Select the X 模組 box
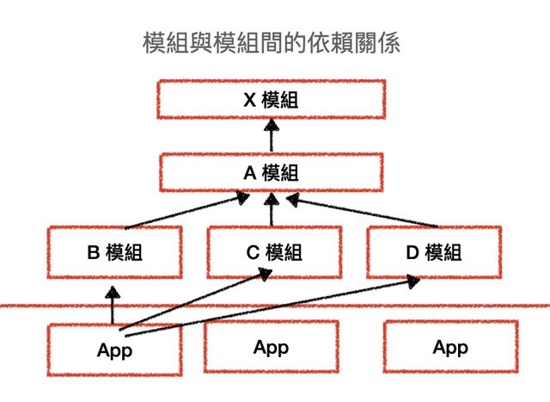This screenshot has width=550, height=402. pos(271,100)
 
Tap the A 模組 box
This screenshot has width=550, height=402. pos(271,171)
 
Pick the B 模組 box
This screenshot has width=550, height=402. pos(113,252)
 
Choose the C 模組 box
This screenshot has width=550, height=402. pos(273,252)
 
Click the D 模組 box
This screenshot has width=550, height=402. pos(433,252)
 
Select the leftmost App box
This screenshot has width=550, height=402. pos(114,349)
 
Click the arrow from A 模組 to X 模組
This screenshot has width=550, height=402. pos(272,136)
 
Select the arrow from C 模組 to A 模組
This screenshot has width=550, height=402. pos(272,211)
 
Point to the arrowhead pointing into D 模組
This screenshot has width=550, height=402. pos(412,281)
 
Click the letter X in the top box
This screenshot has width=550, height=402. pos(249,100)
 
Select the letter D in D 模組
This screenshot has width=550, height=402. pos(411,252)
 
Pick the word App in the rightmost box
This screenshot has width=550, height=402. pos(450,348)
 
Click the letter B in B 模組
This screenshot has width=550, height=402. pos(94,252)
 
